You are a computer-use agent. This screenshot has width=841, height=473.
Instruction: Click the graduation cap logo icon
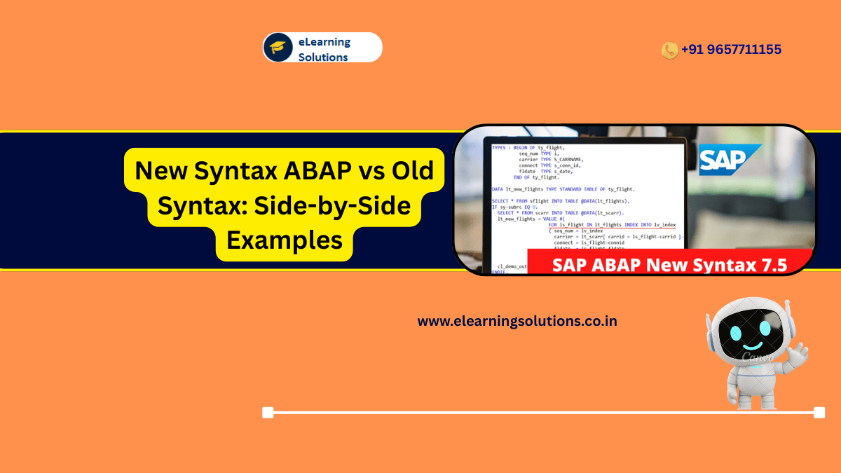278,48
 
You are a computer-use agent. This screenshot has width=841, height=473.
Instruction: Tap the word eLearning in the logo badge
324,41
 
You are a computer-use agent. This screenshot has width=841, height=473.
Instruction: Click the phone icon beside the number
669,50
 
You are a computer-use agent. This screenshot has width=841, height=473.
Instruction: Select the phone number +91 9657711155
731,50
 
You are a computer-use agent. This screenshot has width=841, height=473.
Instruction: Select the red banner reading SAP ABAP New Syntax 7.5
669,264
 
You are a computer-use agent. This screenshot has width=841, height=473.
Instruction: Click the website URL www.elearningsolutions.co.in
517,322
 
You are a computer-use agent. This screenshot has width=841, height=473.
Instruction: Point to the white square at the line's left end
268,413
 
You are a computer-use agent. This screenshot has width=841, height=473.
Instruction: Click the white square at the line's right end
819,413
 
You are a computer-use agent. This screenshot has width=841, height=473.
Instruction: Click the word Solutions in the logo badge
323,57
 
